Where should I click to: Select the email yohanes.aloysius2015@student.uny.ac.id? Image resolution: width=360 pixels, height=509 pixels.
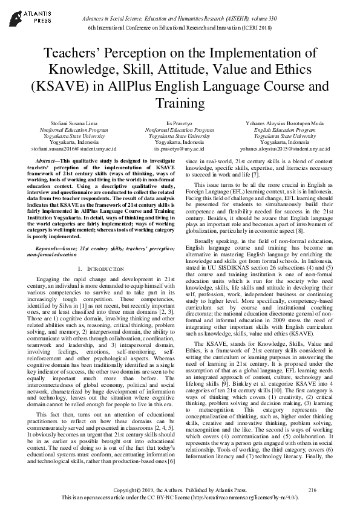(x=284, y=148)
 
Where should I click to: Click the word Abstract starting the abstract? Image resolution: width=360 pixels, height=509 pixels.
(x=47, y=156)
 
